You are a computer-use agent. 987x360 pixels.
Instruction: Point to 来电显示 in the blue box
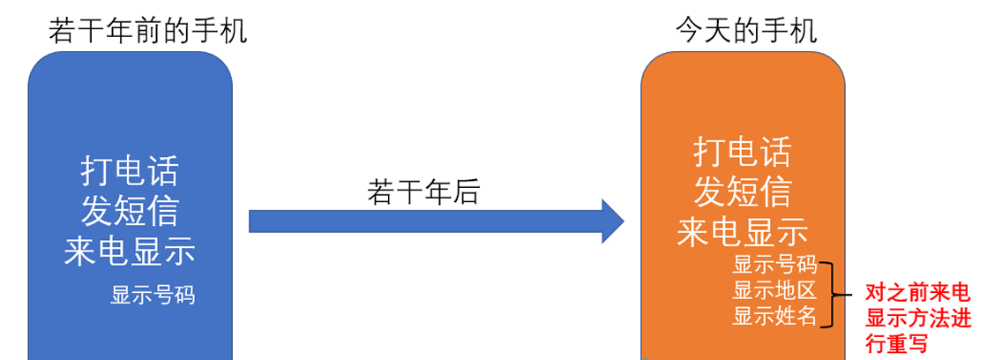(x=129, y=252)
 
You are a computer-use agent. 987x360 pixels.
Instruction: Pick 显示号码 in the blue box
(x=152, y=295)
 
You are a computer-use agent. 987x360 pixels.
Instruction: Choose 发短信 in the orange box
(x=742, y=191)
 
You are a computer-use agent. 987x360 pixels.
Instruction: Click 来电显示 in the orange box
(x=742, y=232)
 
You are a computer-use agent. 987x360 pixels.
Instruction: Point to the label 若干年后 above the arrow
(x=422, y=191)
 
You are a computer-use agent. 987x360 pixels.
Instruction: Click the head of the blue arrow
(x=612, y=221)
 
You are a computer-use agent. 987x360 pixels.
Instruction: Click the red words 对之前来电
(x=917, y=294)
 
